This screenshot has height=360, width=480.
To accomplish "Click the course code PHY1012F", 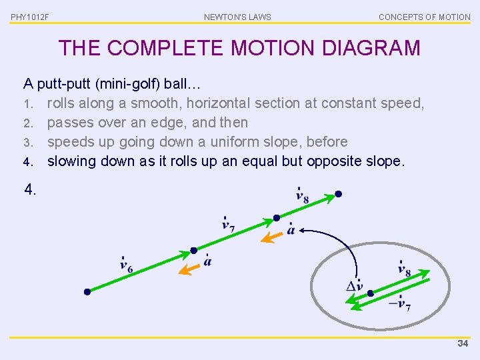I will (x=30, y=17).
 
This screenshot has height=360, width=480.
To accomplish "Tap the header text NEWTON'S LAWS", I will (x=237, y=17).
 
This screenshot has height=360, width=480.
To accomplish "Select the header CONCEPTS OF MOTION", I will (x=424, y=17).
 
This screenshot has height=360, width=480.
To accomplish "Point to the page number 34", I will (x=463, y=344).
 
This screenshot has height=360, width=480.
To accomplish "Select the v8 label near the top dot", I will (x=302, y=195).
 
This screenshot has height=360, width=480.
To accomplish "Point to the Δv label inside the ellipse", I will (x=355, y=286).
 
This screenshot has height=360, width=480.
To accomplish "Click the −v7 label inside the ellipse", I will (x=399, y=304).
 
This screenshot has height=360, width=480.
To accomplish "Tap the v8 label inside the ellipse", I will (x=404, y=269).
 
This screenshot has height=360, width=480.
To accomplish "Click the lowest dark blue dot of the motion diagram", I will (x=87, y=292).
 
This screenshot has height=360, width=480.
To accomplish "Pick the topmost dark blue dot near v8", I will (x=338, y=194).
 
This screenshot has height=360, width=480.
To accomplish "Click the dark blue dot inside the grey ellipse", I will (x=371, y=293).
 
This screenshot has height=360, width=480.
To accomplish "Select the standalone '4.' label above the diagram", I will (x=31, y=190).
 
